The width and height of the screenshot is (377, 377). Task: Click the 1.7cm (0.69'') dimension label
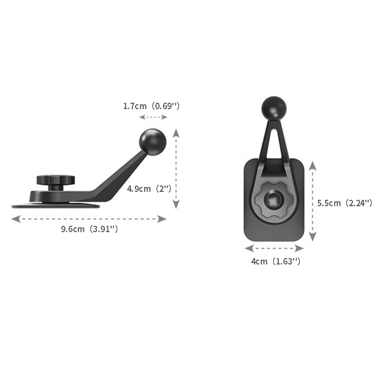(151, 106)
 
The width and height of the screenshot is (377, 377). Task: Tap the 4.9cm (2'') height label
(149, 189)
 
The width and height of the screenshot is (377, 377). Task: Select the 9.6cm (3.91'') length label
(90, 229)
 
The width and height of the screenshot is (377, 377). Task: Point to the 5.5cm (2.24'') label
(345, 203)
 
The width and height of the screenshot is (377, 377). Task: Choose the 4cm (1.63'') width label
(275, 261)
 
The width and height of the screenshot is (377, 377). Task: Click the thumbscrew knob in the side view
(56, 182)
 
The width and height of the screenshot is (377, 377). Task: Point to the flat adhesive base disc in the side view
(56, 206)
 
